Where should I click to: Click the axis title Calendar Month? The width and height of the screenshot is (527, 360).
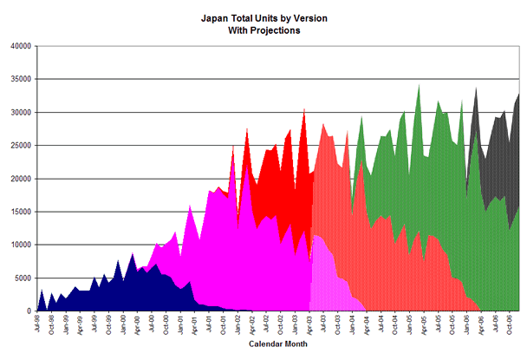277,344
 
